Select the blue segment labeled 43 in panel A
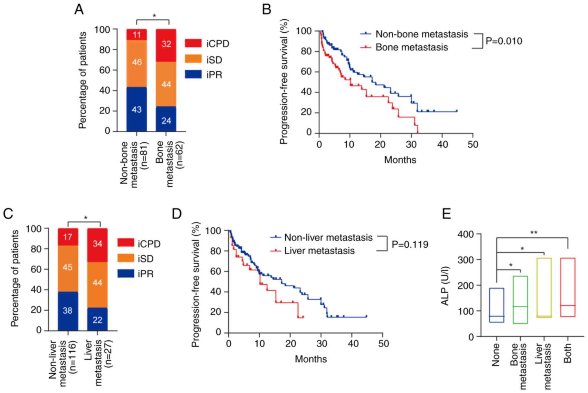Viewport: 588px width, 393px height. (137, 110)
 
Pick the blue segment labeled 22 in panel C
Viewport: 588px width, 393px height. (98, 319)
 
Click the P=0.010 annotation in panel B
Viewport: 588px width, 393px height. (504, 41)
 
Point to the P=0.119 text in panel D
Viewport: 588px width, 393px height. (410, 244)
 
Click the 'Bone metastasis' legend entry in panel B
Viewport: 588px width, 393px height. (411, 47)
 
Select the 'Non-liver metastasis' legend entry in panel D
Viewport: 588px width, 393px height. (328, 238)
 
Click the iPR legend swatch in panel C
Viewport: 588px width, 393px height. (126, 273)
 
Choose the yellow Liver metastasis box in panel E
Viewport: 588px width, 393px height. (544, 288)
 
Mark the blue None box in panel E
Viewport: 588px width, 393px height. (497, 305)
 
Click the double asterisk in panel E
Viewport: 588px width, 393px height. (534, 232)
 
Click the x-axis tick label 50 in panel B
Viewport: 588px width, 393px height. (473, 144)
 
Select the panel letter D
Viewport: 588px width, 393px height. (177, 214)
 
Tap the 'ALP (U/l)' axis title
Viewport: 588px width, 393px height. (445, 286)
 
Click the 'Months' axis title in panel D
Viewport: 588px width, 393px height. (311, 359)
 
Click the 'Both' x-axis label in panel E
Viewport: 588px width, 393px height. (567, 353)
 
